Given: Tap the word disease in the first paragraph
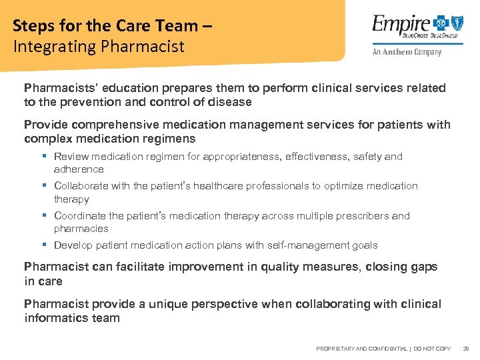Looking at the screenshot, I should coord(230,102).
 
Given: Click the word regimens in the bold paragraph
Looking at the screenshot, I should coord(173,139).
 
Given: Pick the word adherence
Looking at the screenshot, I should coord(79,169).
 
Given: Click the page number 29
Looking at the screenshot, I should coord(466,349).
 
